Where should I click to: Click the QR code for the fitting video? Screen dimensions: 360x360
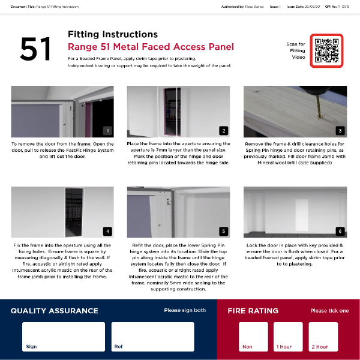tap(327, 50)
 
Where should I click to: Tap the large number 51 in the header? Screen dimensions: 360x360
tap(36, 49)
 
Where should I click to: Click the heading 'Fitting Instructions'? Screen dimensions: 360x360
tap(113, 34)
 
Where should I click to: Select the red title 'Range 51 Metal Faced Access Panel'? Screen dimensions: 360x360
tap(151, 47)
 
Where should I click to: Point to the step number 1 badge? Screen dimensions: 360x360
tap(107, 130)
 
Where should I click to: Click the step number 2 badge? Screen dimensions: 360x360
tap(224, 130)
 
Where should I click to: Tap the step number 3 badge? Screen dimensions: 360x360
tap(340, 130)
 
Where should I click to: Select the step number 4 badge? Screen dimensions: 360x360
tap(107, 231)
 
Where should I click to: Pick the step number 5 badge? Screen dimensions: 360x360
tap(224, 231)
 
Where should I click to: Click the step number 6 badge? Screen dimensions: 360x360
tap(340, 231)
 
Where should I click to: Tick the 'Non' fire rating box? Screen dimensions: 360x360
tap(254, 337)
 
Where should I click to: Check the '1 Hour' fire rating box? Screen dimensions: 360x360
tap(289, 337)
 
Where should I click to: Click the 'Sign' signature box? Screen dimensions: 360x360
tap(64, 337)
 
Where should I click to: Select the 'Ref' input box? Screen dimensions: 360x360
tap(152, 337)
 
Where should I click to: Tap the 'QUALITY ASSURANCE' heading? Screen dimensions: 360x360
tap(54, 311)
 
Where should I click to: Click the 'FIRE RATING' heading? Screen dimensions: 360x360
tap(253, 311)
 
